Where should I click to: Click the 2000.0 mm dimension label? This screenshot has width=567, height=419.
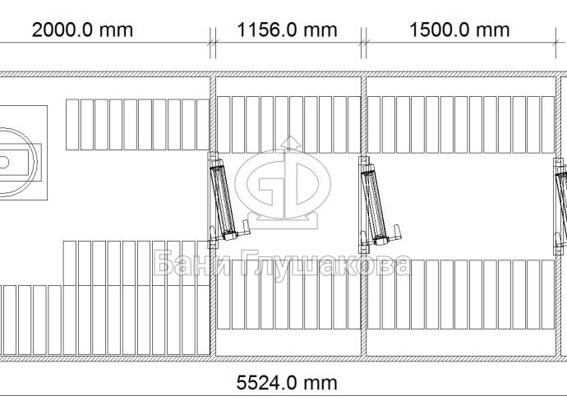82,30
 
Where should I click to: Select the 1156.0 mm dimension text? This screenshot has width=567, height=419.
287,30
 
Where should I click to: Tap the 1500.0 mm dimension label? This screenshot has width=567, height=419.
459,30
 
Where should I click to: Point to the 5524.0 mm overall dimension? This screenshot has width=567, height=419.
287,383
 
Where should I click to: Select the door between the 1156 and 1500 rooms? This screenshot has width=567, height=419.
376,205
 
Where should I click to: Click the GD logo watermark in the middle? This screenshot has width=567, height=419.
283,183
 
